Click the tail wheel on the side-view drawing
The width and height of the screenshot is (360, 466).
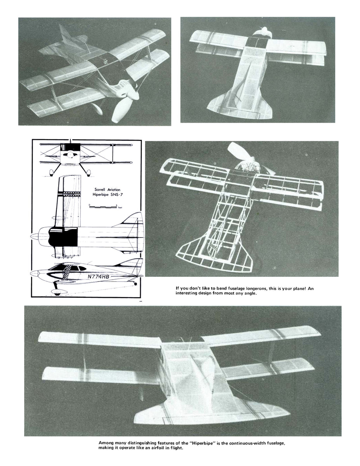(135, 284)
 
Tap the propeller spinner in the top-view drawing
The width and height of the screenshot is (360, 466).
(35, 236)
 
